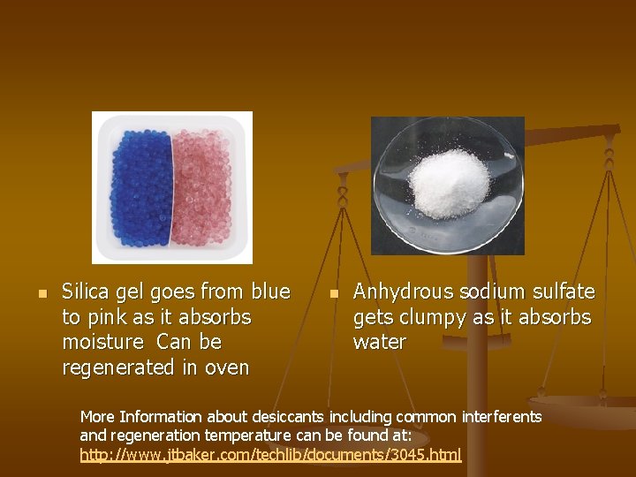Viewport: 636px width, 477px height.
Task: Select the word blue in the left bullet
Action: tap(270, 291)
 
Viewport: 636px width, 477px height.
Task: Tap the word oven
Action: tap(228, 367)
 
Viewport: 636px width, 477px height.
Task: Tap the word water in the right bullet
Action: tap(380, 342)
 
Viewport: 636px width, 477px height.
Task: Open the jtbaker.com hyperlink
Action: tap(270, 456)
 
